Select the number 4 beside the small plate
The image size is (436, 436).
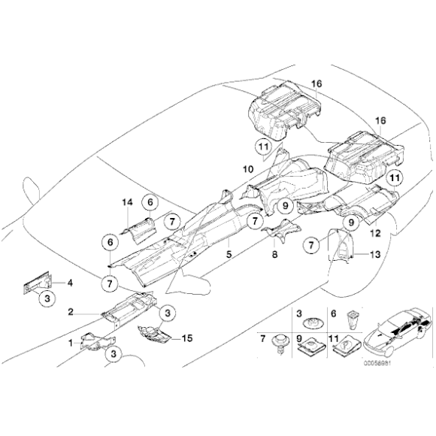(70, 283)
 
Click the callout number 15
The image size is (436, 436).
(186, 339)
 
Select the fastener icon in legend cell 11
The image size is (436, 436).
(343, 350)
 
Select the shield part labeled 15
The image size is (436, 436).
(155, 334)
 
